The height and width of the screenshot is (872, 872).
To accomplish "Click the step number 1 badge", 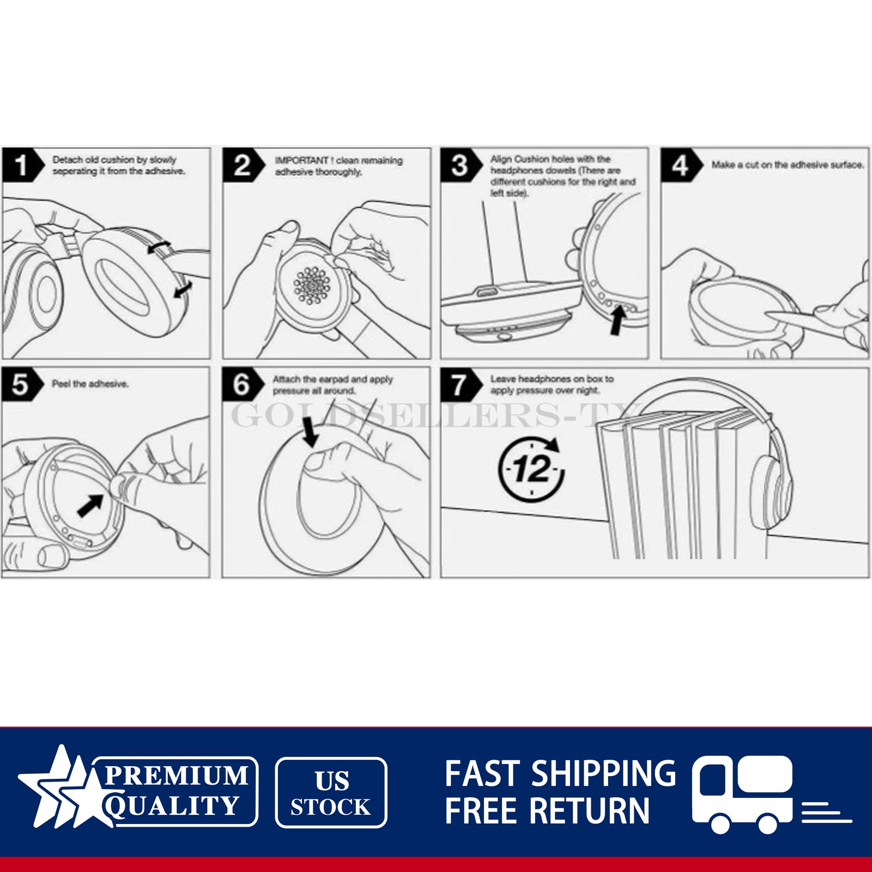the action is click(22, 165).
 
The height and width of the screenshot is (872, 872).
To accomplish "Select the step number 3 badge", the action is click(461, 165).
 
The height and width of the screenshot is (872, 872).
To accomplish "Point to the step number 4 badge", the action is click(681, 165).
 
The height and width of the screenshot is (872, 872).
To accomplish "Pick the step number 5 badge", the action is click(22, 384).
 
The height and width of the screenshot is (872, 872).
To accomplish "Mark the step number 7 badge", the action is click(461, 384).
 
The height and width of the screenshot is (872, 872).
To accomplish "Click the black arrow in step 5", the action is click(91, 504).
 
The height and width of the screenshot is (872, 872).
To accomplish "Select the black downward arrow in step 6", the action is click(311, 431).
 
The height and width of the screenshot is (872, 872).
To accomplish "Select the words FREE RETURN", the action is click(547, 810).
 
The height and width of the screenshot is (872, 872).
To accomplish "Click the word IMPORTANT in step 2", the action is click(302, 160).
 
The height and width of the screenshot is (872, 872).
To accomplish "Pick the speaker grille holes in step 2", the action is click(312, 284).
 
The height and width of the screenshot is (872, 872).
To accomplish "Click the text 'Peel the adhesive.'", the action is click(90, 384).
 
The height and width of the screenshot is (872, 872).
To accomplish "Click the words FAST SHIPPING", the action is click(560, 773).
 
